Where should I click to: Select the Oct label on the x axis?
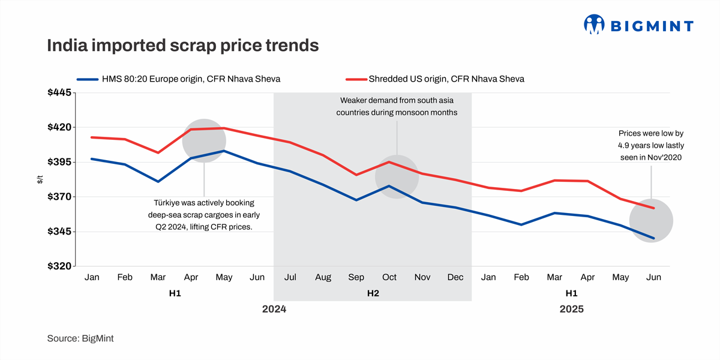click(x=389, y=277)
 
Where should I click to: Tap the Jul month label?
click(x=290, y=277)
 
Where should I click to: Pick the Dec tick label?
click(x=455, y=277)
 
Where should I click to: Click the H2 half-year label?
click(x=373, y=293)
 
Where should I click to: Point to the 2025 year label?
click(x=571, y=310)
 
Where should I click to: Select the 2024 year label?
click(x=274, y=310)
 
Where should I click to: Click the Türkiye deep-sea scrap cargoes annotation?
click(x=204, y=215)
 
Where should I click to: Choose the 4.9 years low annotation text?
click(x=651, y=145)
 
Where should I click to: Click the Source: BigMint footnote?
click(x=80, y=338)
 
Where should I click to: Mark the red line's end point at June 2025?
click(x=653, y=208)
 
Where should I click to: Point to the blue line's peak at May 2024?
click(x=224, y=151)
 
